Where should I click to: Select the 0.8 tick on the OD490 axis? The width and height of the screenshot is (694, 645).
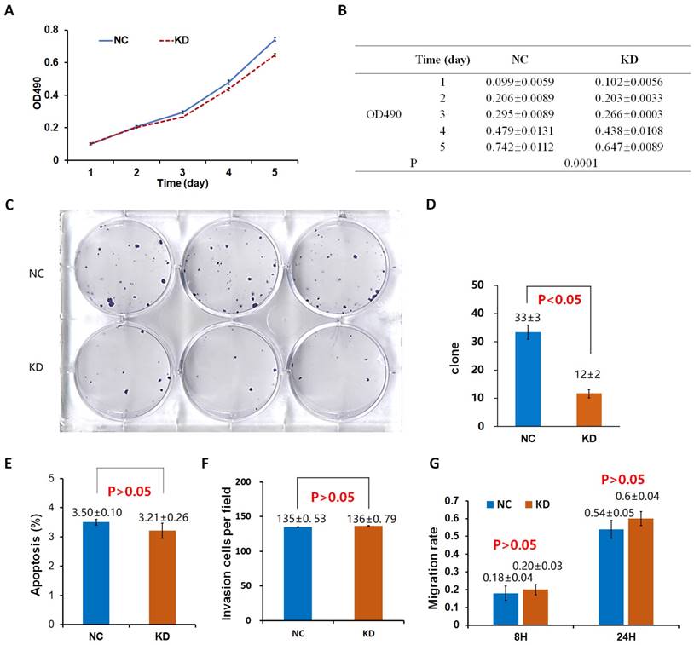[x=52, y=30]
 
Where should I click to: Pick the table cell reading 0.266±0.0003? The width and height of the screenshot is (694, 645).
[x=628, y=113]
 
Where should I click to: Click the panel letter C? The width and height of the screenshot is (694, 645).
[x=9, y=205]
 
